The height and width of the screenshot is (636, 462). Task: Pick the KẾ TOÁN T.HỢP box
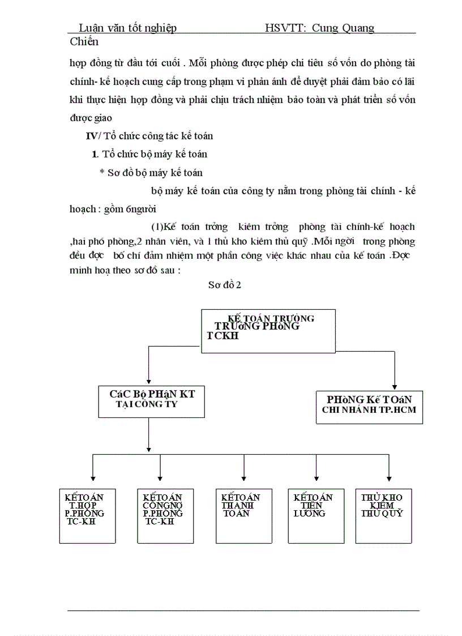[88, 515]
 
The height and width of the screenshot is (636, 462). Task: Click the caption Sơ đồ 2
[224, 285]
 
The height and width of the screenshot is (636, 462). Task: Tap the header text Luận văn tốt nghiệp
[127, 28]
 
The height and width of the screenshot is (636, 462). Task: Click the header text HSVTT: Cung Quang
[319, 28]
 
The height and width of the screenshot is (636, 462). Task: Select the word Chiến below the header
[84, 41]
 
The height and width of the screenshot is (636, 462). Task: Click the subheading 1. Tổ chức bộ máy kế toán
[149, 154]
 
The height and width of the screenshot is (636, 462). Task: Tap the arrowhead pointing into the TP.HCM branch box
[395, 386]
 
